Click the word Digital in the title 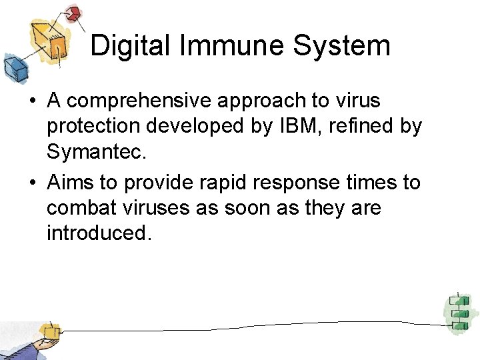126,46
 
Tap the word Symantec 95,153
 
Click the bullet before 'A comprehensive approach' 32,102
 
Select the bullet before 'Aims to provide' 32,183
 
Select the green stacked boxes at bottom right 457,312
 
